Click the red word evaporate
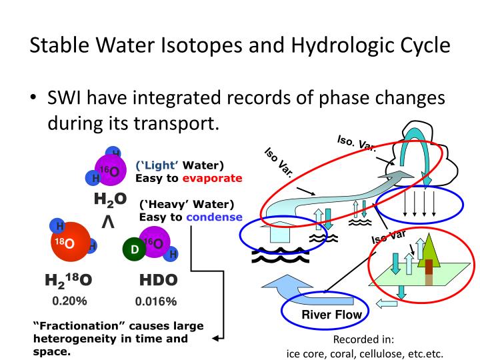tap(212, 179)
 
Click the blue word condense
tap(214, 217)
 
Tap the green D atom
tap(134, 249)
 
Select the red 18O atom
tap(71, 242)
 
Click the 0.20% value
tap(69, 301)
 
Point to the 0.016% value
tap(156, 301)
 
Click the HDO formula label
tap(158, 280)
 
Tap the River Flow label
tap(331, 315)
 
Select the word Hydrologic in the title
tap(345, 45)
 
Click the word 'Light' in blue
tap(157, 165)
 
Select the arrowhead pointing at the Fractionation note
tap(216, 338)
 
